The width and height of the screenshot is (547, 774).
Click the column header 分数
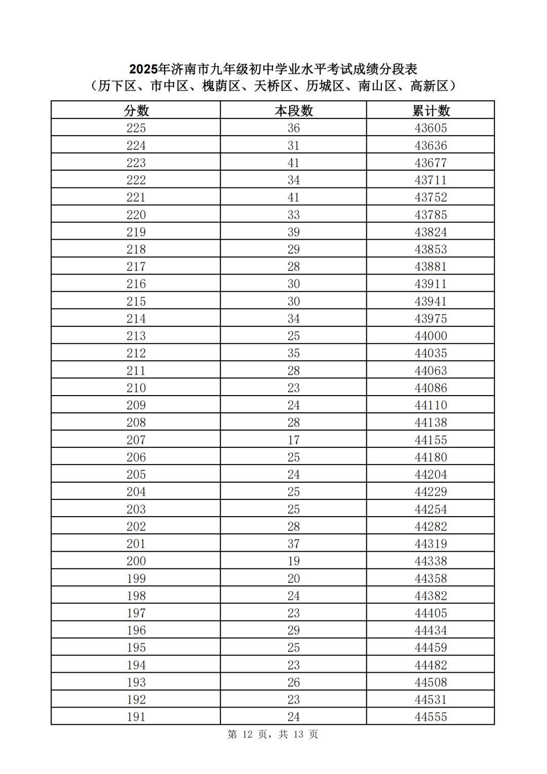(136, 110)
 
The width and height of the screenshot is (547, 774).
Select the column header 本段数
(294, 110)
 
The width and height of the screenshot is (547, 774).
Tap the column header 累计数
(431, 110)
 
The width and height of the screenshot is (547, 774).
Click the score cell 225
(136, 128)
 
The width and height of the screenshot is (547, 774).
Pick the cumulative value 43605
(431, 128)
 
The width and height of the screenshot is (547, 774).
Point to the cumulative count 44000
(431, 336)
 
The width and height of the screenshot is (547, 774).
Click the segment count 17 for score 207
(294, 440)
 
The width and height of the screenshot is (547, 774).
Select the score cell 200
(136, 561)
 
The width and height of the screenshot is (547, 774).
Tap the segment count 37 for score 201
(294, 544)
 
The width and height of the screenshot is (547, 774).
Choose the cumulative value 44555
(431, 717)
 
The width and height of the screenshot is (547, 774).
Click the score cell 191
(136, 717)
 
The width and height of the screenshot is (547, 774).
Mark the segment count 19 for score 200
(294, 561)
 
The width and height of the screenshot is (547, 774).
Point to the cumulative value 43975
(431, 319)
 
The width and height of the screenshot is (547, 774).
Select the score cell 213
(136, 336)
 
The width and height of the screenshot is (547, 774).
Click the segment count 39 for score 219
(294, 232)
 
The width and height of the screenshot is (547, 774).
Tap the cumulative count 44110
(431, 405)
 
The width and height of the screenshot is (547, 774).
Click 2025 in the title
(144, 69)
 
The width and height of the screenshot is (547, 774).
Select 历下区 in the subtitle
(117, 86)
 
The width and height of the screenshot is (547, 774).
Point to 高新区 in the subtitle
(429, 86)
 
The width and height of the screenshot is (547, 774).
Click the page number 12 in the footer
(247, 734)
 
